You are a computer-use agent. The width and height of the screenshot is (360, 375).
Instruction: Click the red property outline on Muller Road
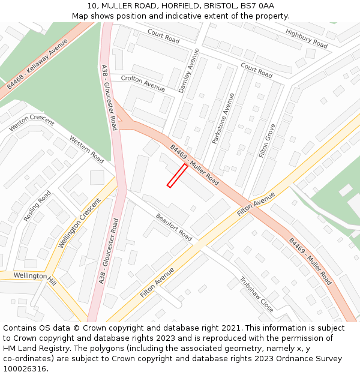click(177, 175)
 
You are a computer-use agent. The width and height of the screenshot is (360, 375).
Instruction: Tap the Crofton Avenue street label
click(143, 83)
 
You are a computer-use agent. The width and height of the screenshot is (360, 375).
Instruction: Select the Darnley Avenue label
click(188, 71)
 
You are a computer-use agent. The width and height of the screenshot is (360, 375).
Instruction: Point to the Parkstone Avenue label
click(223, 118)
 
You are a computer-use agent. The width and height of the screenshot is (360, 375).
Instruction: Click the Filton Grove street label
click(267, 140)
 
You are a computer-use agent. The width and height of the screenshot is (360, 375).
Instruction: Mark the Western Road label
click(86, 149)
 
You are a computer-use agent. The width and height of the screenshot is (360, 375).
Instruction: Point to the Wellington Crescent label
click(79, 222)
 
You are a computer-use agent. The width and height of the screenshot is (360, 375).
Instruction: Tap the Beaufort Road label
click(174, 227)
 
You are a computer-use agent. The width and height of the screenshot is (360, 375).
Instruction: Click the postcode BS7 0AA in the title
click(260, 6)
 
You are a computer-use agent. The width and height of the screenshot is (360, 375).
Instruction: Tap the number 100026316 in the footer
click(25, 368)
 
